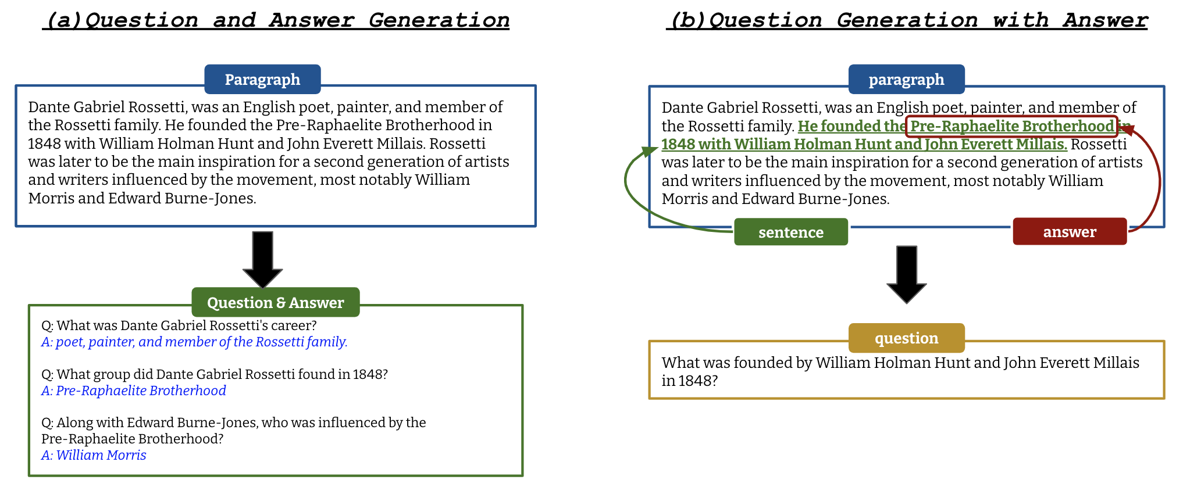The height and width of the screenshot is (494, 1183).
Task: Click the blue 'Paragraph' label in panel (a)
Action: tap(262, 80)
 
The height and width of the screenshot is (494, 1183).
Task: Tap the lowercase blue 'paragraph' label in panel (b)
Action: tap(906, 80)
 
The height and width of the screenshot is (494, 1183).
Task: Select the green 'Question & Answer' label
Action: tap(275, 302)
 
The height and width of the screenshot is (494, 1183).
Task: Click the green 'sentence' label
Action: tap(790, 232)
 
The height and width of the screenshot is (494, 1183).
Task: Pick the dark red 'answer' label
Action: tap(1069, 232)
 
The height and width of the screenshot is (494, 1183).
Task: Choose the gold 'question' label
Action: tap(906, 338)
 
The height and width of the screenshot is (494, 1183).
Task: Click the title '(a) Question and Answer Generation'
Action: tap(276, 20)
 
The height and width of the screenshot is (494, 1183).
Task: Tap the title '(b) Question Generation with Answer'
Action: tap(907, 20)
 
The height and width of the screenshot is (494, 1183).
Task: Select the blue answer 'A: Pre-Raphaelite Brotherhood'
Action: tap(134, 391)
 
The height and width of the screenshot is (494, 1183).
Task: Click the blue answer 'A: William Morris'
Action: tap(94, 455)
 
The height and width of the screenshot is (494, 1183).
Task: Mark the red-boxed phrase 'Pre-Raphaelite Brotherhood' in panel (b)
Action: tap(1011, 126)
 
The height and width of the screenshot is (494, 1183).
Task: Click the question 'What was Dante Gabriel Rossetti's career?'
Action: tap(179, 325)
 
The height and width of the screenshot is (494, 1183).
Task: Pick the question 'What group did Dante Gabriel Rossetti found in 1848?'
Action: tap(215, 374)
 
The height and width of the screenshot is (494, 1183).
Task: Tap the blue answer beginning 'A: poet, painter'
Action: tap(194, 342)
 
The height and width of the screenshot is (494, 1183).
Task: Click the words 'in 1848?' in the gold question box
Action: tap(690, 381)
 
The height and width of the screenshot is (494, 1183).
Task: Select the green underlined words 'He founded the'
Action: tap(851, 126)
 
